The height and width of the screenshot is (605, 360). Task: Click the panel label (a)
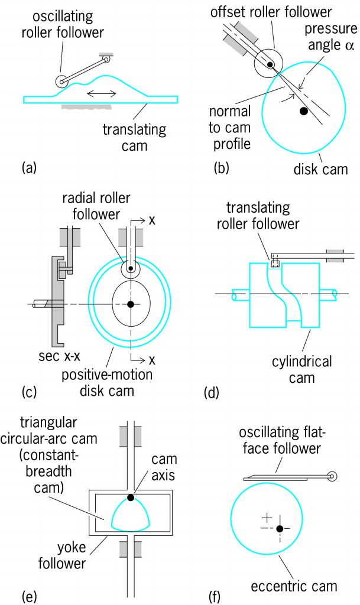pos(30,168)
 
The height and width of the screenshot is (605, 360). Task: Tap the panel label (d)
pos(212,392)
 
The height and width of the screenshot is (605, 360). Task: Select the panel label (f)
pos(215,597)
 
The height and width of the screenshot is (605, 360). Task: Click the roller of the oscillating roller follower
pos(61,82)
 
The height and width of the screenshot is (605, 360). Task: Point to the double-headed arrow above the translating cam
pos(101,93)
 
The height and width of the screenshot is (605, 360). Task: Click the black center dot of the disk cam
pos(304,111)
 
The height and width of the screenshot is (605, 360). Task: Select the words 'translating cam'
pos(134,138)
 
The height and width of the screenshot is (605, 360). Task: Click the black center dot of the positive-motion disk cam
pos(131,304)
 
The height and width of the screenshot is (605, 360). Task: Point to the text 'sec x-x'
pos(59,356)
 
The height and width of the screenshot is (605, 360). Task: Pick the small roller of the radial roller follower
pos(131,268)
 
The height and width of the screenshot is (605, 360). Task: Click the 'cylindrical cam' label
pos(301,369)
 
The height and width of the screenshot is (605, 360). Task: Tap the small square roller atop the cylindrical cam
pos(275,264)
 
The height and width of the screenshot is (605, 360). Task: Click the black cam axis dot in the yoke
pos(131,497)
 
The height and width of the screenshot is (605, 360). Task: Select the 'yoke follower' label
pos(61,555)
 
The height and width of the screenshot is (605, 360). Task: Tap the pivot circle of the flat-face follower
pos(332,476)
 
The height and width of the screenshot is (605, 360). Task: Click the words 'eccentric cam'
pos(294,586)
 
